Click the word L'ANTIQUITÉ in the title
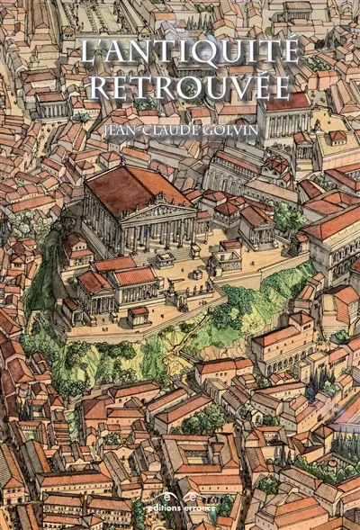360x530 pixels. (x=188, y=52)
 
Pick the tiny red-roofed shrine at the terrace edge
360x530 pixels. (x=138, y=315)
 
